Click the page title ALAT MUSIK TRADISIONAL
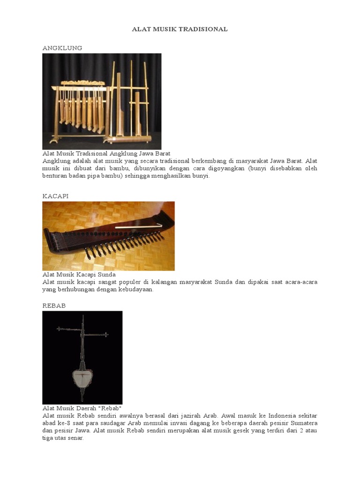click(180, 29)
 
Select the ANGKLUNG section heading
click(62, 48)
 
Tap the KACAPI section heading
click(55, 196)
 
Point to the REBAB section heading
click(54, 305)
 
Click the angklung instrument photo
click(102, 101)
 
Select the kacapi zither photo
click(108, 236)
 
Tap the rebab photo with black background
click(82, 357)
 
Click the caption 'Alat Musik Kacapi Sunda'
click(79, 274)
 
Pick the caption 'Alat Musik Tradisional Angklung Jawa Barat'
click(106, 153)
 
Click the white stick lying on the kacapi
click(138, 227)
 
